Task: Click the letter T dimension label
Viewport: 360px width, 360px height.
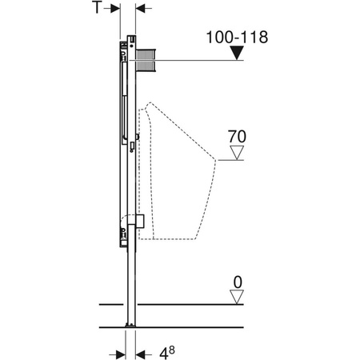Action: pos(97,7)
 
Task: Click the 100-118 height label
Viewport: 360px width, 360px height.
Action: pos(237,37)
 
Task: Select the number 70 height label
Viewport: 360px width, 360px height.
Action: pos(237,137)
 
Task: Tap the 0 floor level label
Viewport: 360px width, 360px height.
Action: pos(238,282)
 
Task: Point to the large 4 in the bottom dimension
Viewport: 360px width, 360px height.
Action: pos(164,354)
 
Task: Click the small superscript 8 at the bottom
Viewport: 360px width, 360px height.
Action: pos(172,350)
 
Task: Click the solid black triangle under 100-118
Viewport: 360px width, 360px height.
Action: pos(237,53)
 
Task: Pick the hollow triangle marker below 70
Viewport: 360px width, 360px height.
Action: pos(237,153)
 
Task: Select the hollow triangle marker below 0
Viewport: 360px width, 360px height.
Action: pos(237,297)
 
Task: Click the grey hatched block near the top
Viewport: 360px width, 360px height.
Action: pos(146,61)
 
